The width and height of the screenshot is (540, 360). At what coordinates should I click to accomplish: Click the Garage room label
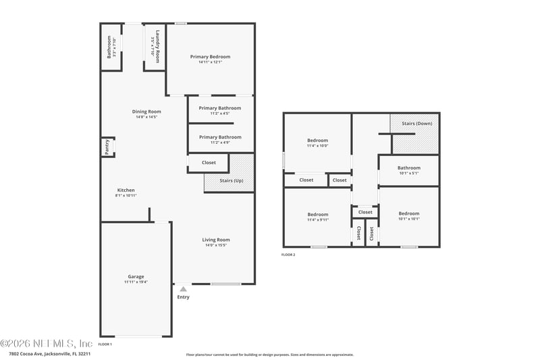[136, 276]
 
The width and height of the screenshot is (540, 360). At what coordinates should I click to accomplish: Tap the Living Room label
[216, 240]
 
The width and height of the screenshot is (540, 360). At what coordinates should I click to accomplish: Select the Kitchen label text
[126, 190]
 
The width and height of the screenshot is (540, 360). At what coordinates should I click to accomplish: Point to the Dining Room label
[146, 111]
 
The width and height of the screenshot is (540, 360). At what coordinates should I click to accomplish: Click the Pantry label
[107, 147]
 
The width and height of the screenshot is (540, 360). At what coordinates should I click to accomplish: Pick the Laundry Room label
[157, 47]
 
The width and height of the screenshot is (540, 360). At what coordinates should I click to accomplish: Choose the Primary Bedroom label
[210, 57]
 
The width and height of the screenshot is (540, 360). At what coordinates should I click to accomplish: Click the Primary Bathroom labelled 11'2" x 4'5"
[219, 108]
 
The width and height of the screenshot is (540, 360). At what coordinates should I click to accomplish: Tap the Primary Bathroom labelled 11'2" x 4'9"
[219, 137]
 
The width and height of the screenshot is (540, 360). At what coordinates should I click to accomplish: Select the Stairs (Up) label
[232, 180]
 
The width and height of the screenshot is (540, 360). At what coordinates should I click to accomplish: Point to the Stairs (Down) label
[416, 124]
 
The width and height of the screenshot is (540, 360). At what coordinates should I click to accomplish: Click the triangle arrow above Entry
[182, 289]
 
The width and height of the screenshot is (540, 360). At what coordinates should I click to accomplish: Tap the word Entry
[183, 297]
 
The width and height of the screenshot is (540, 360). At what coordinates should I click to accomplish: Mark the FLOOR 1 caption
[105, 344]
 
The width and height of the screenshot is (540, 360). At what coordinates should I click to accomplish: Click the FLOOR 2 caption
[288, 255]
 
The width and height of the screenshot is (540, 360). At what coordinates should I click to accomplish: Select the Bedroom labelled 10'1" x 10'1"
[408, 213]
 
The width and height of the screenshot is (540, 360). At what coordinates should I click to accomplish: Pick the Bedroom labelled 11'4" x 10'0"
[317, 140]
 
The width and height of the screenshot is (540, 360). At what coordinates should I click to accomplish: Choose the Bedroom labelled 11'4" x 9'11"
[317, 214]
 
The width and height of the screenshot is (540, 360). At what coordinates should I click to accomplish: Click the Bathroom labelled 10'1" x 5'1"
[408, 168]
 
